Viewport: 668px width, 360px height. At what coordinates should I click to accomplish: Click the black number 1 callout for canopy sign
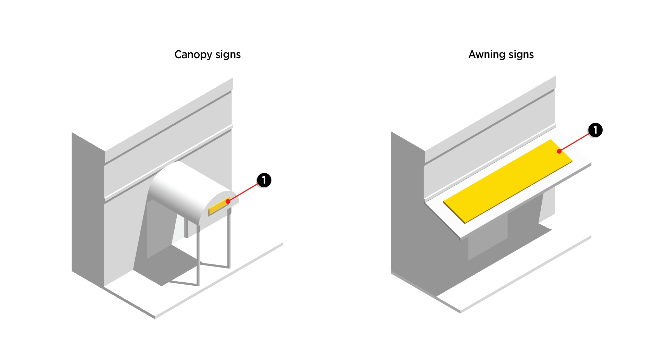coord(264,180)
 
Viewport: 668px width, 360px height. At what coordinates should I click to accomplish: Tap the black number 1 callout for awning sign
coord(595,130)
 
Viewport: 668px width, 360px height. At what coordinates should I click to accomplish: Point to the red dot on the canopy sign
coord(228,201)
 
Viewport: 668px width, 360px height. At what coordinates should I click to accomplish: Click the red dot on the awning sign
coord(559,151)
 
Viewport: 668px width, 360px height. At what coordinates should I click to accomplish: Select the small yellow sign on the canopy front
coord(218,207)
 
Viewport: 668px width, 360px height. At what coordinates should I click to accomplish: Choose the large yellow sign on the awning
coord(507,182)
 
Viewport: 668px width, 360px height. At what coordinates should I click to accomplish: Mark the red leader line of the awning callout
coord(575,142)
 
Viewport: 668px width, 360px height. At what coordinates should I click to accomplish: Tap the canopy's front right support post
coord(229,240)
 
